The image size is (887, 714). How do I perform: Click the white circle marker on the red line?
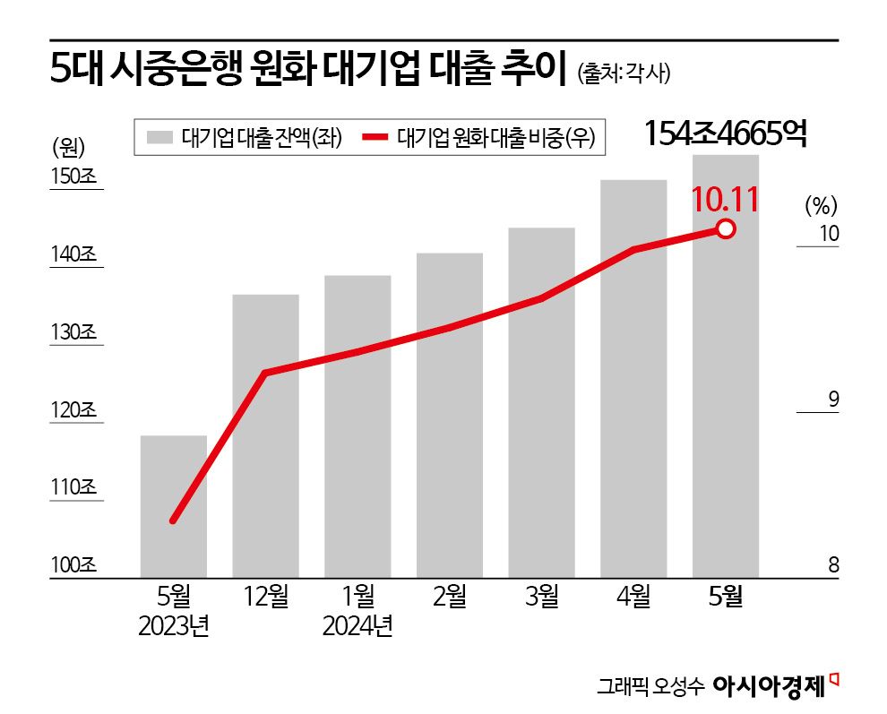click(x=726, y=230)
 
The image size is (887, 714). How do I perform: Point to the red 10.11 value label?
click(x=726, y=199)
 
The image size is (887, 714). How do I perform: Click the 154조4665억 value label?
click(x=727, y=134)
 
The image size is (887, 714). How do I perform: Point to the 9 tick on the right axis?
click(x=832, y=400)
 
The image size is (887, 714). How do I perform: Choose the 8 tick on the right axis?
click(x=832, y=565)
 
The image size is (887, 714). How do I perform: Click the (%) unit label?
click(x=820, y=206)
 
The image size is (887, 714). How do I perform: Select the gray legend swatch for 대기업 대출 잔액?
click(x=159, y=138)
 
